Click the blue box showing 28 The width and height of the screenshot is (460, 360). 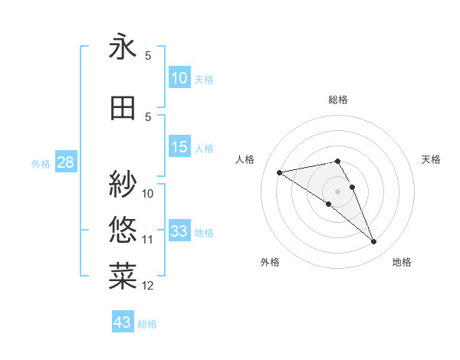point(65,162)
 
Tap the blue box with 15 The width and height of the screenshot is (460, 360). point(179,147)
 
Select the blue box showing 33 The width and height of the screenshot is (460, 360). point(179,231)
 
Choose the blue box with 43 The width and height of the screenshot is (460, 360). point(123,322)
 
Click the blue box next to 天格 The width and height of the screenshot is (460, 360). point(179,78)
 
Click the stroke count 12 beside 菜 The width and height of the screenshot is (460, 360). point(148,286)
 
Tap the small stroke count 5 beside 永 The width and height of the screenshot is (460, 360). point(148,56)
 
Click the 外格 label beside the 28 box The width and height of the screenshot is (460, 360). point(41,163)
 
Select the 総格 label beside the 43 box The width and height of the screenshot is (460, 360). point(147,324)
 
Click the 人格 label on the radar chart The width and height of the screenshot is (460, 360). point(245,159)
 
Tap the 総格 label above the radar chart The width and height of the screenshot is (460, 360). point(338,100)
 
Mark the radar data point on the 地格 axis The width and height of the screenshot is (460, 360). point(374,242)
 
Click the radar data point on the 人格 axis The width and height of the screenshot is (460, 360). point(280,172)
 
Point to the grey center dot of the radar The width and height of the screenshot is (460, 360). point(337,191)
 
